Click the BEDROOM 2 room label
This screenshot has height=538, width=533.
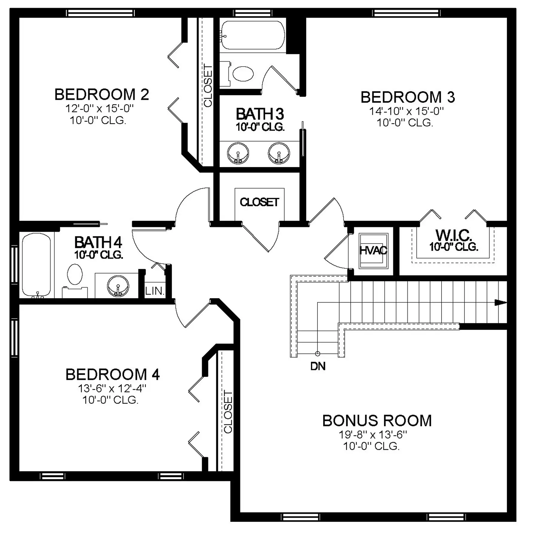click(102, 94)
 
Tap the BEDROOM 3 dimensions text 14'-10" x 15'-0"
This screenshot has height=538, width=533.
click(407, 111)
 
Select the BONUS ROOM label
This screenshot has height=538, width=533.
click(377, 421)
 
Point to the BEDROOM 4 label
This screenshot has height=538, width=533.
click(113, 375)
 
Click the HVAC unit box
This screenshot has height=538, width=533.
click(373, 250)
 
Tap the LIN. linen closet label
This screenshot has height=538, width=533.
click(155, 291)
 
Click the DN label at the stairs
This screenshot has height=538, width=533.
click(318, 366)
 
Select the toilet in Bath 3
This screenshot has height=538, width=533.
click(238, 73)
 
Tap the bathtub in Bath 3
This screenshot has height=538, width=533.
click(253, 35)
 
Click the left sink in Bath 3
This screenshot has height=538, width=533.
click(238, 153)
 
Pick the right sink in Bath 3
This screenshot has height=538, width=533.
click(279, 153)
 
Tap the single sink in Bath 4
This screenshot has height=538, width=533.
click(118, 286)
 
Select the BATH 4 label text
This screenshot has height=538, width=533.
click(98, 242)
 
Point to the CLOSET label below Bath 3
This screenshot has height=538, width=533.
click(259, 202)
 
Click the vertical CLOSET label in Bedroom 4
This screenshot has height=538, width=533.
click(228, 412)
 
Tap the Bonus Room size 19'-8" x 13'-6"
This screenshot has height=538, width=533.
click(373, 435)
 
